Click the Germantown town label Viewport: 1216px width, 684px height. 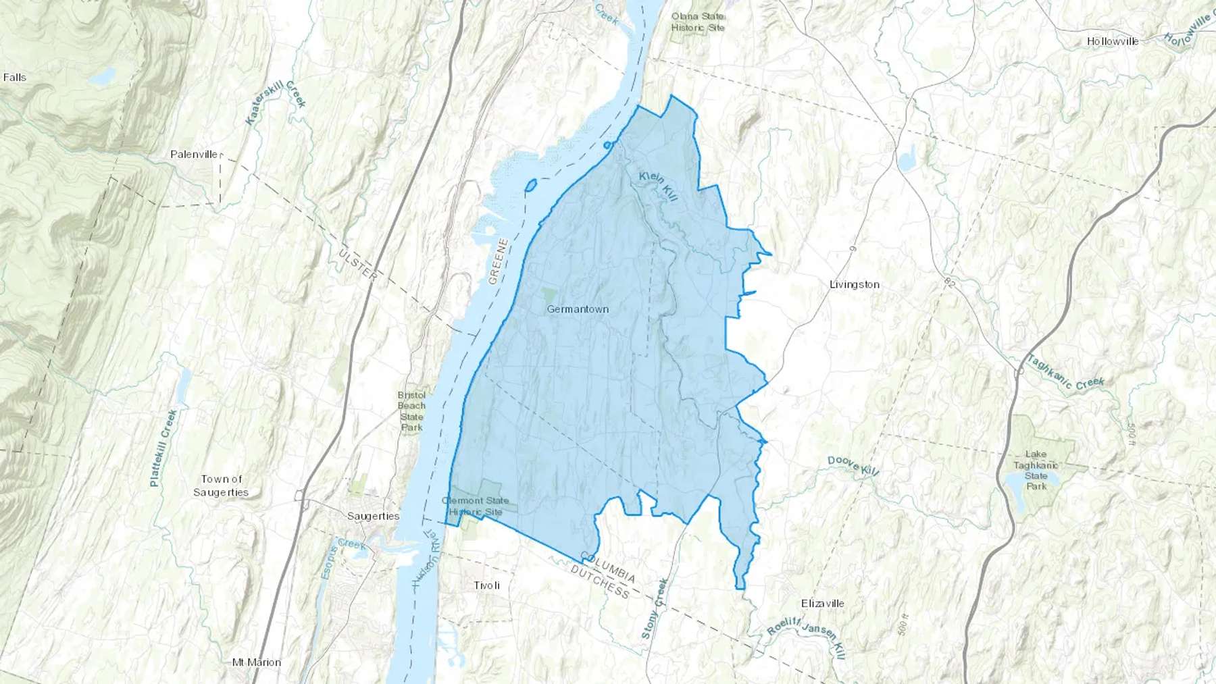577,309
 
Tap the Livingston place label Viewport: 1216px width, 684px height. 854,285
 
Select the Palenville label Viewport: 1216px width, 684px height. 194,155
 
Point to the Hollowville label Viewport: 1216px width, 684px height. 1113,42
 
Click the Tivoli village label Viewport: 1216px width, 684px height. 486,585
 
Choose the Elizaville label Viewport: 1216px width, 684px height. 822,604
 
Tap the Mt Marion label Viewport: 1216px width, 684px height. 256,662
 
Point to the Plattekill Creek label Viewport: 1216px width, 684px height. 163,448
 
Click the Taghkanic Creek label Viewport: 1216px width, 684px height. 1065,372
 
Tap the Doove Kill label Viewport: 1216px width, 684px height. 853,465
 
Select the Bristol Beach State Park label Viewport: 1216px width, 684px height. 411,411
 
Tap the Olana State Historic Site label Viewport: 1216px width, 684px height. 697,22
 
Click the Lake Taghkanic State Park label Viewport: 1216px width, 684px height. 1036,470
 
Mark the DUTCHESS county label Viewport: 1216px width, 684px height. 600,582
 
